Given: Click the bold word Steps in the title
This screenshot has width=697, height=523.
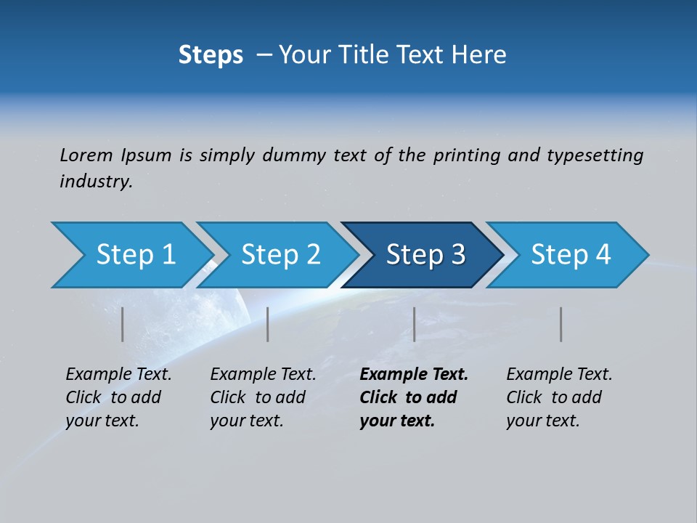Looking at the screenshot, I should click(x=211, y=55).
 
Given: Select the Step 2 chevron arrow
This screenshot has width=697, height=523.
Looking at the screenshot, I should click(x=280, y=254).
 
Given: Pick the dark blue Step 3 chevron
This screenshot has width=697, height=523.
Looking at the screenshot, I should click(x=425, y=254).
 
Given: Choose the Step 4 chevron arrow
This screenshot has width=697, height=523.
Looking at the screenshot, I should click(x=571, y=254).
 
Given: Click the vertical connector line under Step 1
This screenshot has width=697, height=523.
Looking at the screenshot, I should click(x=123, y=324).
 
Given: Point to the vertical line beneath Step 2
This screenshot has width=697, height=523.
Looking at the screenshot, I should click(x=268, y=324).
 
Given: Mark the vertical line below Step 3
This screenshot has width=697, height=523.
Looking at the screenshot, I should click(x=415, y=324).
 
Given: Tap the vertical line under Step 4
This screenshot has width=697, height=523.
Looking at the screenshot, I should click(x=561, y=324).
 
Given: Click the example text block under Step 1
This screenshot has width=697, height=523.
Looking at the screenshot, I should click(x=118, y=397).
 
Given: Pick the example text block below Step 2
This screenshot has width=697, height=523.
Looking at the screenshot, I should click(x=263, y=397).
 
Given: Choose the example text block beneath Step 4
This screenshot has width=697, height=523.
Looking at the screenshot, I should click(x=559, y=397).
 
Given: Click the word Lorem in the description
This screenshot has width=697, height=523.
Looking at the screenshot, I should click(x=86, y=155).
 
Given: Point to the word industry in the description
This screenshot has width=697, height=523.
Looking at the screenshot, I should click(x=96, y=182).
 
